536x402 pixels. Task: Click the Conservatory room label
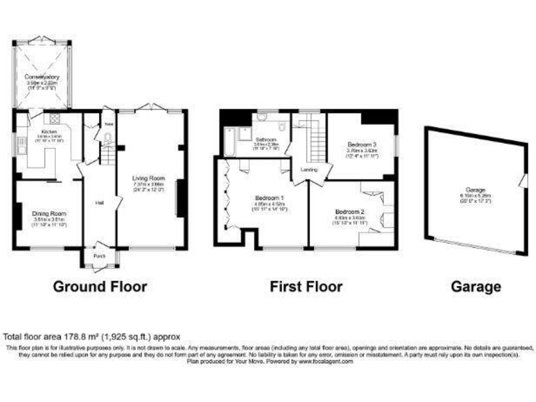43,77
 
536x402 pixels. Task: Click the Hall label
100,202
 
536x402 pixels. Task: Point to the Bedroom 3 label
362,144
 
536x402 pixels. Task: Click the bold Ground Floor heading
100,286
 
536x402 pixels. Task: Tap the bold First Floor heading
306,286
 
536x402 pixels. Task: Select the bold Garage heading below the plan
476,286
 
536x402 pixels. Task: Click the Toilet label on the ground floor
108,124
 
